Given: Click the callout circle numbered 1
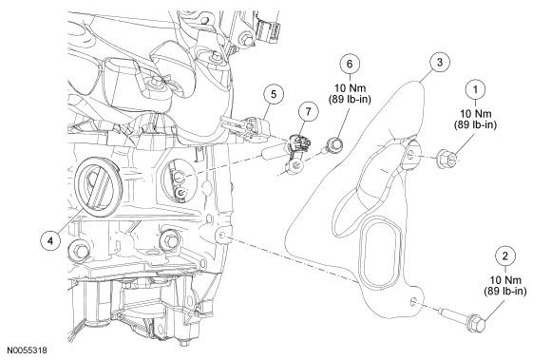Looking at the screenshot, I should point(471,86).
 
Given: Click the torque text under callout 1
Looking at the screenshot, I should point(471,121).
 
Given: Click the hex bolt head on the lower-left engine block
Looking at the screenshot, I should point(81,251).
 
